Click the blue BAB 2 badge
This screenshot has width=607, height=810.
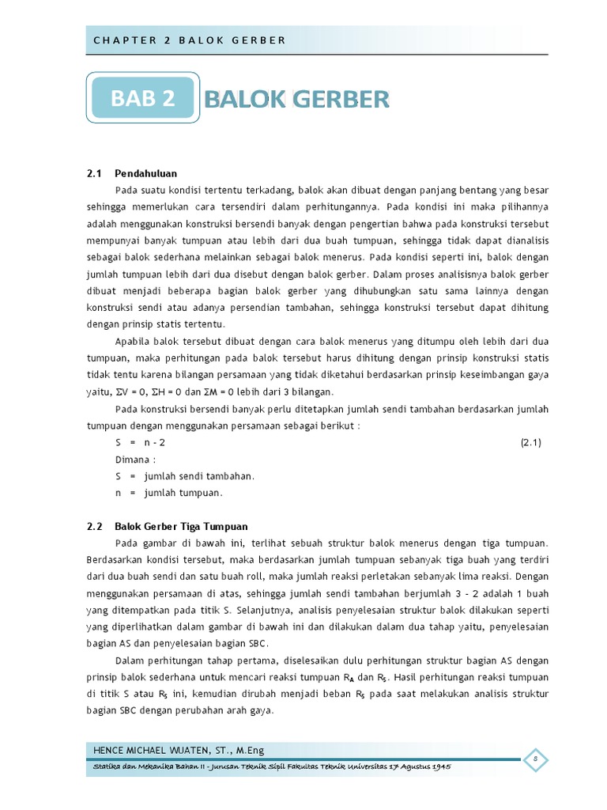[142, 100]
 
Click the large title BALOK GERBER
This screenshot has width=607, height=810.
[297, 100]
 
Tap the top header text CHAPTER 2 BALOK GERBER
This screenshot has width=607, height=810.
[189, 40]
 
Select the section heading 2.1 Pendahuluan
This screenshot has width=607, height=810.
[132, 173]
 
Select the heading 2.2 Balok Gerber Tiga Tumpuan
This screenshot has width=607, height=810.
[168, 526]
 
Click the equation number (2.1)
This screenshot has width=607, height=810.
[530, 443]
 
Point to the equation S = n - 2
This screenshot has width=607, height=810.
[140, 443]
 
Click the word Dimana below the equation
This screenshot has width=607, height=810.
[134, 460]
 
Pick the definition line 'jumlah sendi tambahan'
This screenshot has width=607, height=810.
[199, 476]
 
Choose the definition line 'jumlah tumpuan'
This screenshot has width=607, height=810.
[183, 493]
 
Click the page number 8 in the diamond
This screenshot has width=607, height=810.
[535, 759]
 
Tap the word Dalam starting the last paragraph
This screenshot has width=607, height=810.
[130, 660]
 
